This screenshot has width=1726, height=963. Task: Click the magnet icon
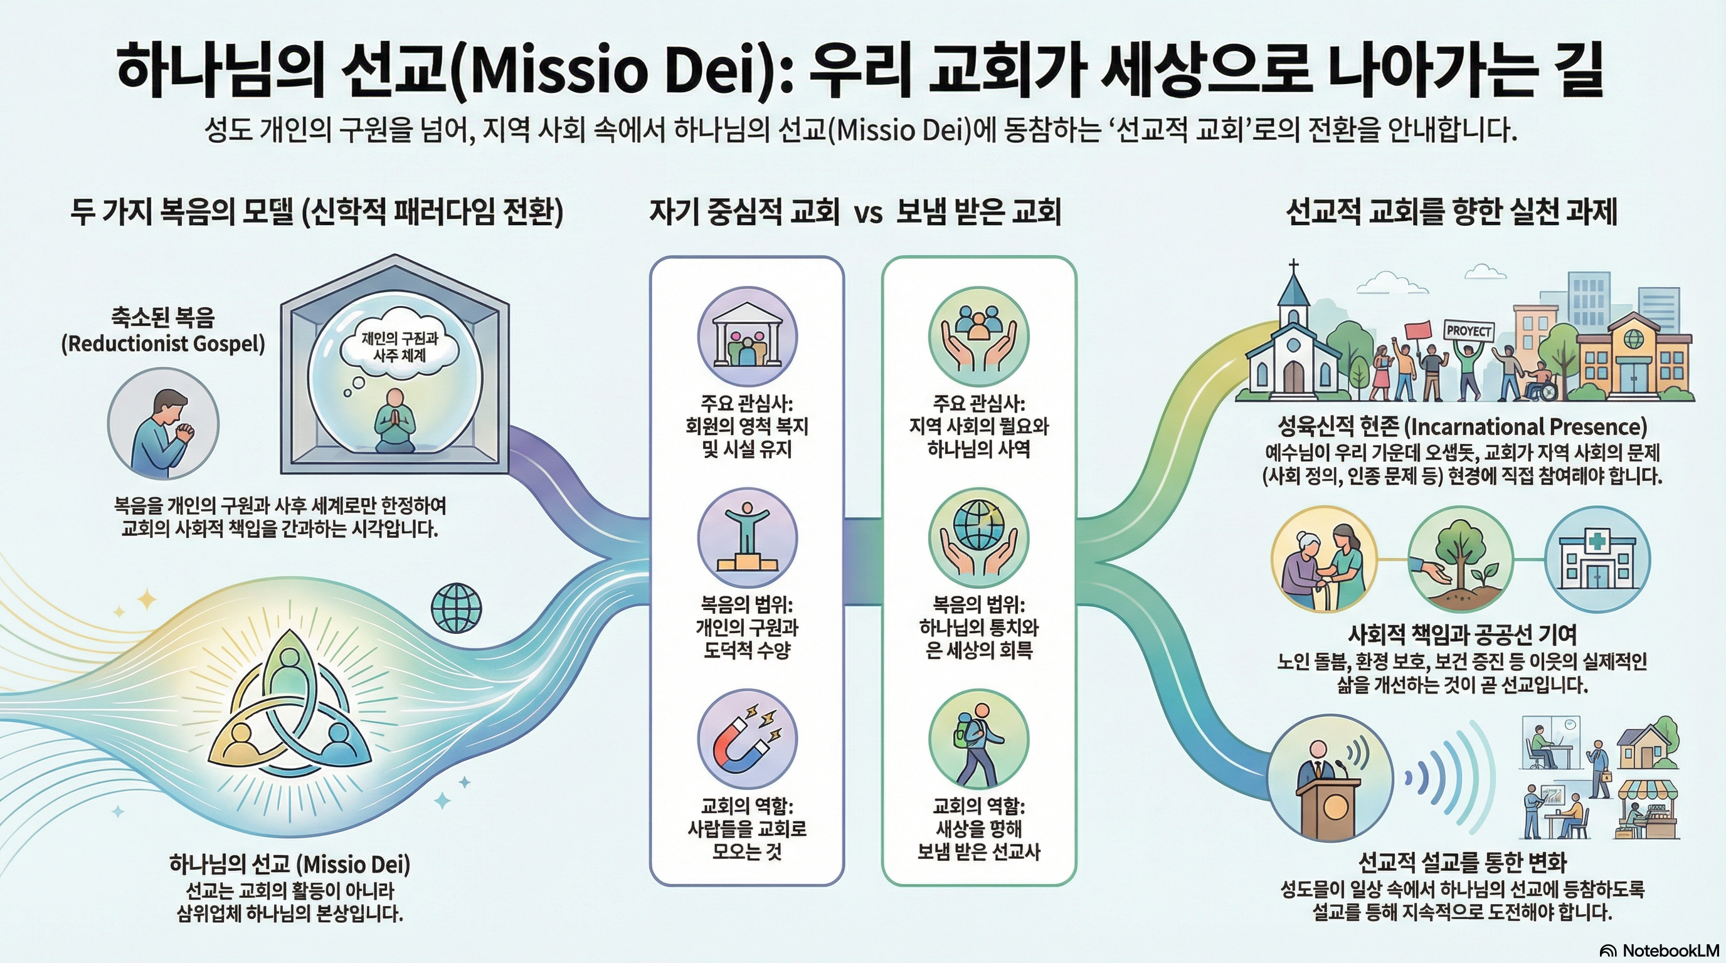pos(747,739)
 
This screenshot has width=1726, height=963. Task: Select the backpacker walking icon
pos(978,739)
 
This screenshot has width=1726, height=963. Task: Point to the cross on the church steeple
pos(1293,266)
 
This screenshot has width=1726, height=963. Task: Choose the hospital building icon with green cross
pos(1597,560)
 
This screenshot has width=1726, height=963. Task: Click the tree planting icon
pos(1460,560)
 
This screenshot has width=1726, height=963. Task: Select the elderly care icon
pos(1323,560)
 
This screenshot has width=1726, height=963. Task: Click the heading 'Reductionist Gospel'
pos(163,344)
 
